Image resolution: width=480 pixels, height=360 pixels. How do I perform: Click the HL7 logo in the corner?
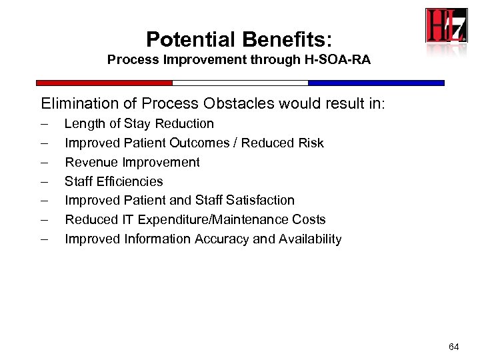pos(447,26)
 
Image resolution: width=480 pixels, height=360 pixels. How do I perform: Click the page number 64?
pos(454,347)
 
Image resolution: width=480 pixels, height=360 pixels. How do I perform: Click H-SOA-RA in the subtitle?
pos(339,60)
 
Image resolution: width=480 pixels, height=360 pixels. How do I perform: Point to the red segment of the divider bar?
pos(104,83)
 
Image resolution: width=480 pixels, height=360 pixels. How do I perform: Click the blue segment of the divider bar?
pos(376,83)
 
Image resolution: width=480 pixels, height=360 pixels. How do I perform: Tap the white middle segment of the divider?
pos(240,83)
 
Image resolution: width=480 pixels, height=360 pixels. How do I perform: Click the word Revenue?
pos(91,162)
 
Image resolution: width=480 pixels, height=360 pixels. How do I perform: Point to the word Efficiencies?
pos(129,181)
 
